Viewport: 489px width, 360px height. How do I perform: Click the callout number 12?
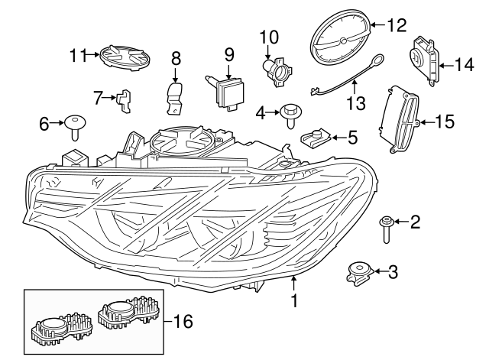point(397,26)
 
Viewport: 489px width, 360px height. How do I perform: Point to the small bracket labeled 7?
point(123,100)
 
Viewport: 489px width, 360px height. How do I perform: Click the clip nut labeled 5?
point(316,138)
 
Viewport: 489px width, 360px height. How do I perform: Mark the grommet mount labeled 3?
point(359,272)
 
